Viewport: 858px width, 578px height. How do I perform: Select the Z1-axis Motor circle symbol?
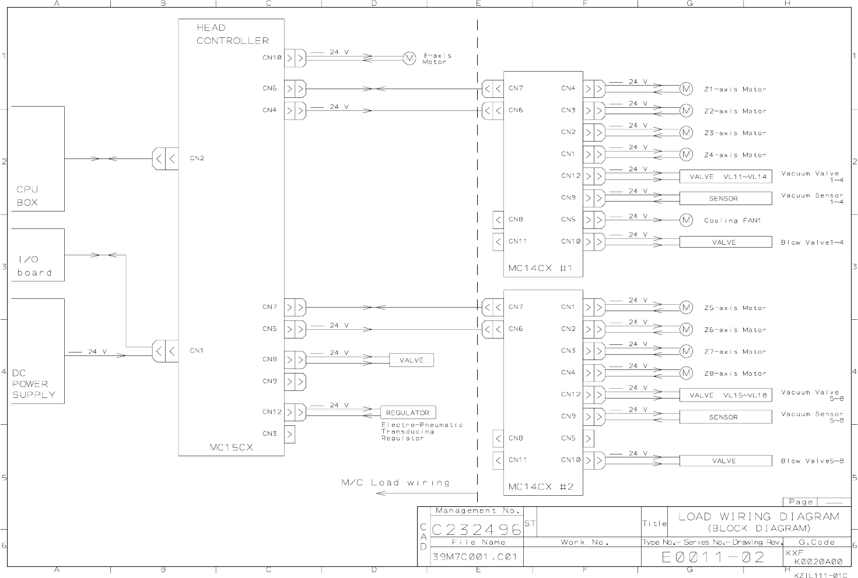pos(686,89)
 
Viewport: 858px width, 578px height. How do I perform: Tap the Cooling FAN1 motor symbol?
pos(686,220)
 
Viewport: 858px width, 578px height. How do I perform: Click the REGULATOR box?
pos(408,413)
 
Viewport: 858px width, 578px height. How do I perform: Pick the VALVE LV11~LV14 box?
pos(725,177)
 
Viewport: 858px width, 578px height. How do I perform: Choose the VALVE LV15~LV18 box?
pos(725,395)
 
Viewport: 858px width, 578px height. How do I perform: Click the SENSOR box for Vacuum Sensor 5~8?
pos(725,417)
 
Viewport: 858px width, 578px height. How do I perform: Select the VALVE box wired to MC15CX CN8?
pos(411,361)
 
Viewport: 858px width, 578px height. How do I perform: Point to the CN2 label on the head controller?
pos(197,158)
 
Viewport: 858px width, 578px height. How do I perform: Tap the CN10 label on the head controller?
pos(272,58)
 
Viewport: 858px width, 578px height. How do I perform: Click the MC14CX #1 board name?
pos(541,268)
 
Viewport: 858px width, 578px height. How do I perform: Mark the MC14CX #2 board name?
pos(541,487)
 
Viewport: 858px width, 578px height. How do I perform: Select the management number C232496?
pos(477,529)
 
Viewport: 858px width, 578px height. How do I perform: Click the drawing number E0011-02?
pos(713,557)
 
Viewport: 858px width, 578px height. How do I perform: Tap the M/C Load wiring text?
pos(395,482)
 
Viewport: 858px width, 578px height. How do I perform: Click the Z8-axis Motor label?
pos(735,373)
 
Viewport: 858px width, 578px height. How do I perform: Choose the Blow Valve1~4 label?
pos(812,242)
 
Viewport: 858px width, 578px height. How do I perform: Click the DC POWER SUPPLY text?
pos(34,384)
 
